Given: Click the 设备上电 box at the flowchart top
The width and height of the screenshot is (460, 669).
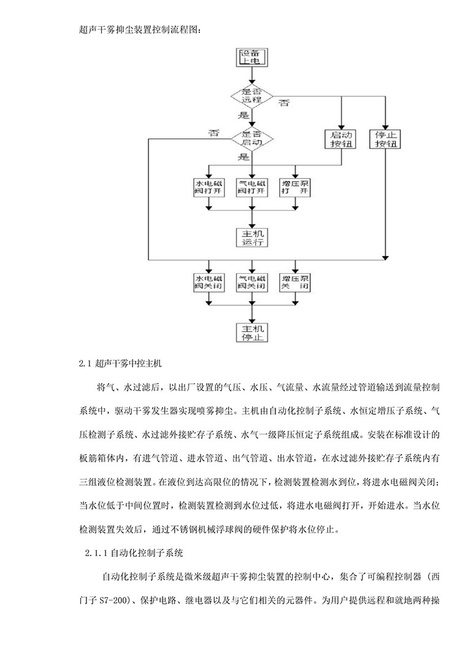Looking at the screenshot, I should coord(252,58).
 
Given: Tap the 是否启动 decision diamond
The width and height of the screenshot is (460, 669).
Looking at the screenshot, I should coord(252,138).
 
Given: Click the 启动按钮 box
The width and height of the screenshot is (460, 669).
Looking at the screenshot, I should coord(342,139).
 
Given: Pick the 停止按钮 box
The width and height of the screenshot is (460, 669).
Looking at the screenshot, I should coord(385,139).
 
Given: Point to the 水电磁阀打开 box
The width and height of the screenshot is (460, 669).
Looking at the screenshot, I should coord(209,187).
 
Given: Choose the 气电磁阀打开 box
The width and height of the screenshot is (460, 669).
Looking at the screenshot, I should coord(252,187).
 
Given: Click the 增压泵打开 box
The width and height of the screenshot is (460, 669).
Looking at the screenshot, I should coord(295,187).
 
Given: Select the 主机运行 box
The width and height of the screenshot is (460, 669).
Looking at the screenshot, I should coord(252,236).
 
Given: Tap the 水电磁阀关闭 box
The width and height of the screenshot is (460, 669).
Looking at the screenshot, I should coord(209,282).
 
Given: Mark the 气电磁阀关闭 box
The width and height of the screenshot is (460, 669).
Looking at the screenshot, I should coord(252,282).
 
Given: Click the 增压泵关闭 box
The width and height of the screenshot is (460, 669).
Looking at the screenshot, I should coord(295,282).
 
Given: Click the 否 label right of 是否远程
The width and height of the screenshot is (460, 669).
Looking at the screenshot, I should coord(285,102).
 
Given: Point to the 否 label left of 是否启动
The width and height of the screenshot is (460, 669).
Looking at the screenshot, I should coord(213,133).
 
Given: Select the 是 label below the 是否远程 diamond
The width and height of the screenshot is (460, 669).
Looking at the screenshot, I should coord(243,114).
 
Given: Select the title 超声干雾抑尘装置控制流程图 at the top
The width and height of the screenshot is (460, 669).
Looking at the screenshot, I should coord(140,29).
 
